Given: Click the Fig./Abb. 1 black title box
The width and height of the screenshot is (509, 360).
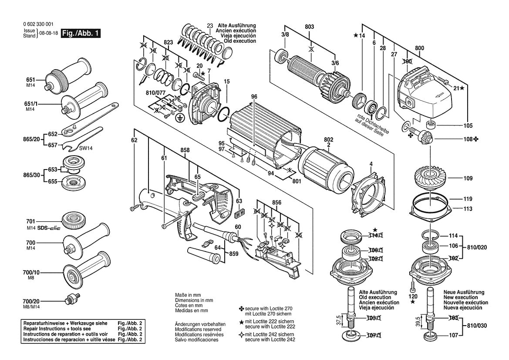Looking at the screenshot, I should pos(81,34).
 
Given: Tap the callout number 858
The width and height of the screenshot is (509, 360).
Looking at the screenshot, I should pos(185,150).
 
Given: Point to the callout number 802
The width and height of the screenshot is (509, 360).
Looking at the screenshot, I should pos(328,139).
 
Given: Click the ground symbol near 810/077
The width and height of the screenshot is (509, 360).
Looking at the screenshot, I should pos(179,117).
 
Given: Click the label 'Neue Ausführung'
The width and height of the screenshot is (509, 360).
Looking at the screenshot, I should pos(464,292).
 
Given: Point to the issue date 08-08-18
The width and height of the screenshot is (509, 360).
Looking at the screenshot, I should pos(48,34).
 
